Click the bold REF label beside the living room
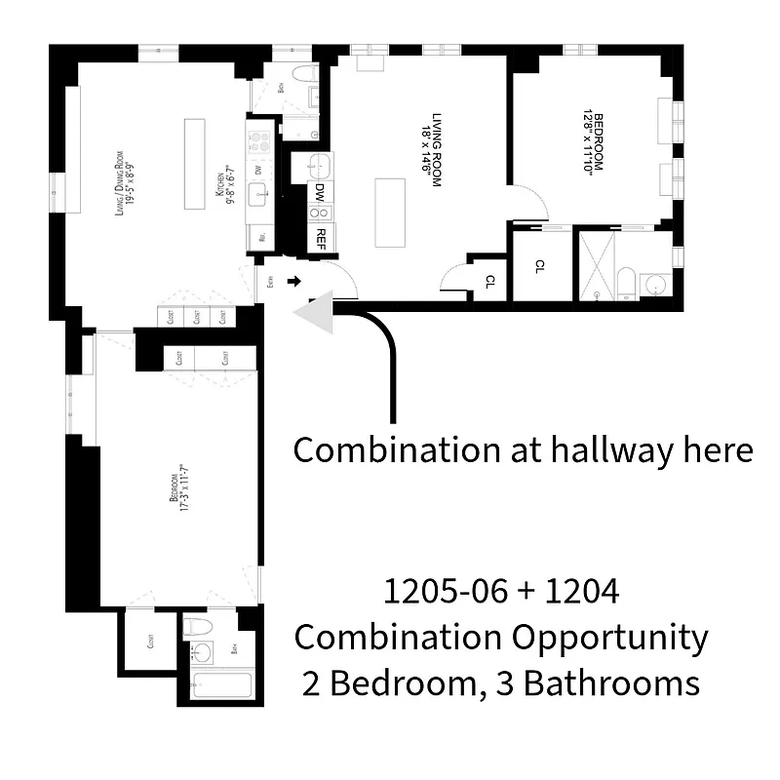click(320, 235)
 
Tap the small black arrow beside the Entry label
click(293, 283)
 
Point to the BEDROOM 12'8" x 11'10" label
click(592, 139)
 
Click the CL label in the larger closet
click(540, 265)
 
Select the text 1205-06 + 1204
click(501, 593)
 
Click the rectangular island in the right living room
click(391, 214)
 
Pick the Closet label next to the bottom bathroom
click(151, 641)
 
